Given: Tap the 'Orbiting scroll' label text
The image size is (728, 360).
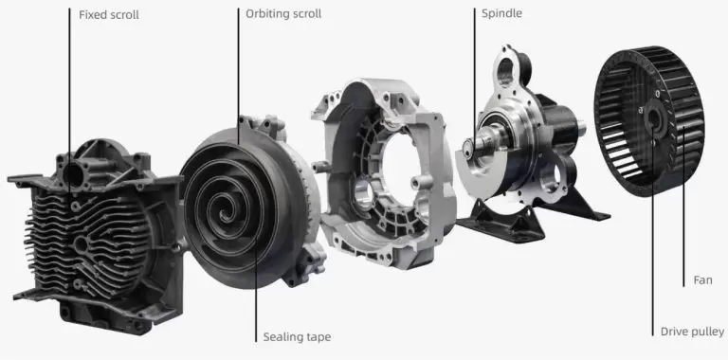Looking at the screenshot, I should click(283, 15).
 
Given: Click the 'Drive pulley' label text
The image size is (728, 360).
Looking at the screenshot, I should click(692, 332).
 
